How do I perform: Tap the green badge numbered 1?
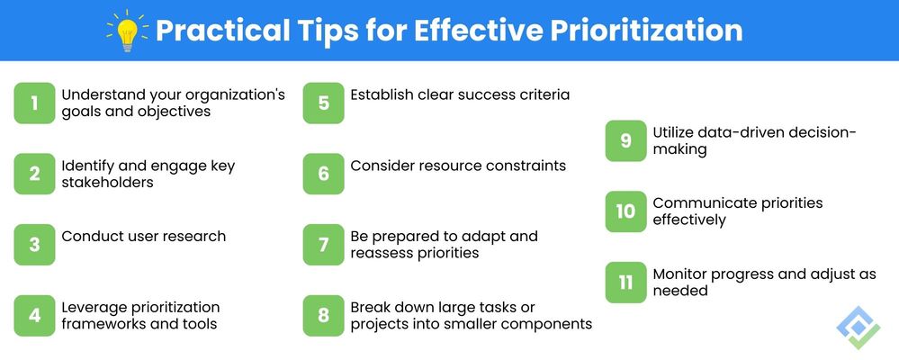tap(34, 103)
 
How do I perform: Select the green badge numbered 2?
tap(34, 174)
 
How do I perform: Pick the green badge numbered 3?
tap(34, 245)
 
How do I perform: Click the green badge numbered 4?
tap(34, 316)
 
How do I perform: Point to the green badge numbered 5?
tap(323, 103)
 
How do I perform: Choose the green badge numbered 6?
tap(323, 174)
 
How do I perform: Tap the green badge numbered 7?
tap(323, 245)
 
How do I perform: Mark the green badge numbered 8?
tap(323, 316)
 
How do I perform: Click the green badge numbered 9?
tap(625, 141)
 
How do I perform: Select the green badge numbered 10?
tap(625, 211)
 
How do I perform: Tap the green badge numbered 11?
tap(625, 283)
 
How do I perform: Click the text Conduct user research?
tap(143, 236)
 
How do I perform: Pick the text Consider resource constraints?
tap(458, 166)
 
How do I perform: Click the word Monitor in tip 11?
tap(683, 274)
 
